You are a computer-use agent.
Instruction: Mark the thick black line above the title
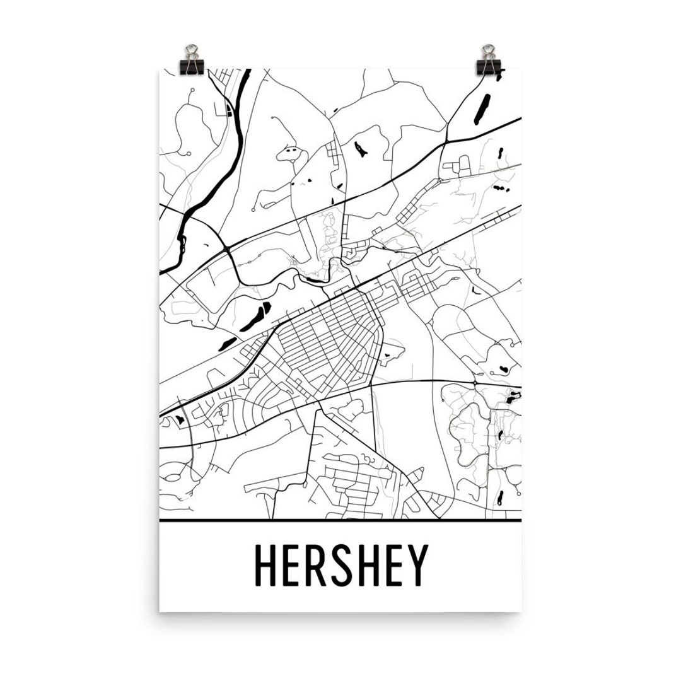340,521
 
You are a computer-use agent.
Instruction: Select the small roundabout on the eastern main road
474,382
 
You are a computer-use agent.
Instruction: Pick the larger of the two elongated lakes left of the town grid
254,314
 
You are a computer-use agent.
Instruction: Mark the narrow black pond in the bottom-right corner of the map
499,498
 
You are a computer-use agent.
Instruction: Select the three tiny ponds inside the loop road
292,152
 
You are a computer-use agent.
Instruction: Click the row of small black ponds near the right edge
501,187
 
